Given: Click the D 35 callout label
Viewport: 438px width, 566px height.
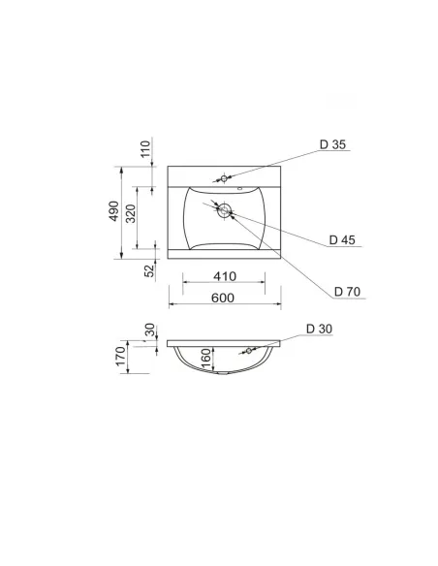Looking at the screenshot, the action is point(332,144).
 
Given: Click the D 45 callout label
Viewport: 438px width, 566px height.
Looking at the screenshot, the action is point(342,239).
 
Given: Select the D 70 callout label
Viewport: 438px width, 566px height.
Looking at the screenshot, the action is point(347,292).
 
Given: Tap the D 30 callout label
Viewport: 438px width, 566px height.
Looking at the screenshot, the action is point(319,329).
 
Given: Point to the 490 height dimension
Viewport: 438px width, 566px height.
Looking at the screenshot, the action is point(113,211).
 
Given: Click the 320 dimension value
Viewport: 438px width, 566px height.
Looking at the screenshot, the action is point(131,213).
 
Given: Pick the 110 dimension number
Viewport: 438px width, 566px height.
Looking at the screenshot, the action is point(145,148).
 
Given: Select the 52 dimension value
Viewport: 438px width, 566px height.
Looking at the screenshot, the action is point(149,270).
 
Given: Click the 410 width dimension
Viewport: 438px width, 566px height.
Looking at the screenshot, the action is point(225,276).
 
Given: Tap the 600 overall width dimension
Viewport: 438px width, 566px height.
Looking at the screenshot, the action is point(223,299).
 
